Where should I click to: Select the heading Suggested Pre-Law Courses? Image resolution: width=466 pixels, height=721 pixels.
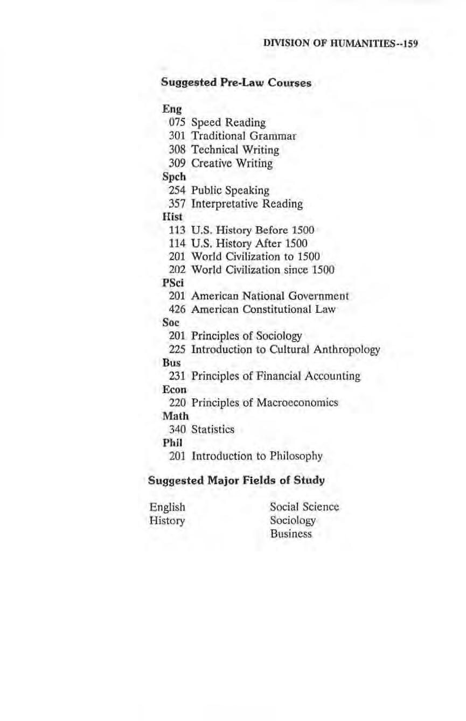pos(236,83)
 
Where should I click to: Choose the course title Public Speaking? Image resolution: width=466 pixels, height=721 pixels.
pos(231,190)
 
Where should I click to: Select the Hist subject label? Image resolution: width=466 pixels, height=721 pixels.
pos(170,216)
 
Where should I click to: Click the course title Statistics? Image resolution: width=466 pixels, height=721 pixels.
pos(213,429)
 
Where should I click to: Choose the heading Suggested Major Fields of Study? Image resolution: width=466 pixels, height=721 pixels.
pos(237,480)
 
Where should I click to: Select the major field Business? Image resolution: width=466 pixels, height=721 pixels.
pos(291,534)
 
